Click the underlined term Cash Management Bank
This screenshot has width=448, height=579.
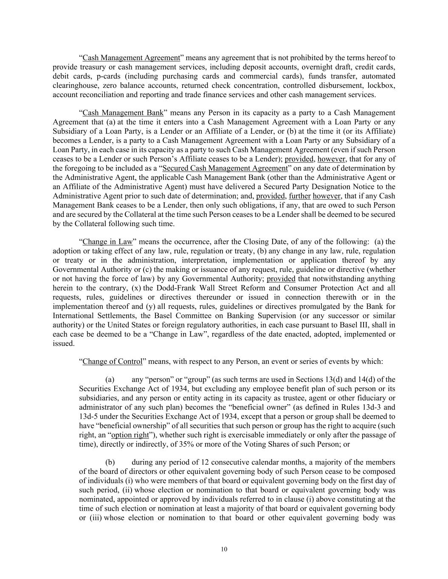click(x=123, y=113)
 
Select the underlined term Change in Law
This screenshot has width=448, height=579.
click(x=107, y=242)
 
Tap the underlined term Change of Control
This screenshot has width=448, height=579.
click(x=112, y=361)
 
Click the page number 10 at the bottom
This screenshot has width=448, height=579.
click(x=224, y=549)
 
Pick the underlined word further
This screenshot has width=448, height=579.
click(x=300, y=196)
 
